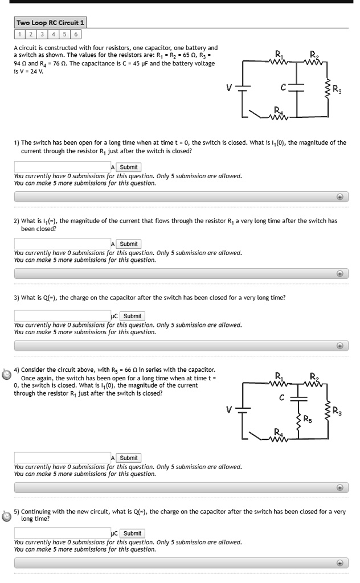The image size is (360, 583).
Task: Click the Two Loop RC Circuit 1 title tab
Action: tap(51, 22)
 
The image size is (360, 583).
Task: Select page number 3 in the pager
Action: tap(39, 34)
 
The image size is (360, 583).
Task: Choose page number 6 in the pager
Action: tap(77, 34)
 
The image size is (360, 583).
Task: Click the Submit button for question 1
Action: tap(129, 167)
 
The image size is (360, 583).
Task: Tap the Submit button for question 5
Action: tap(132, 533)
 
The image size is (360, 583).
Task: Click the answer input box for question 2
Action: tap(62, 244)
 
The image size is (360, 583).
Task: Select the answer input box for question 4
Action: tap(62, 457)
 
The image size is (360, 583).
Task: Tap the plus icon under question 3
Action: tap(340, 346)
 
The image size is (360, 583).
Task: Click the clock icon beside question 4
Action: tap(6, 375)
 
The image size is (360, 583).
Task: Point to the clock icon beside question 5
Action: tap(6, 514)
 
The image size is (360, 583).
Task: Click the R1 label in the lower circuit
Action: tap(279, 375)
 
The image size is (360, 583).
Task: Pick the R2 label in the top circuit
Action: tap(314, 55)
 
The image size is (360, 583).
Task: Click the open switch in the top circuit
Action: tap(256, 115)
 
